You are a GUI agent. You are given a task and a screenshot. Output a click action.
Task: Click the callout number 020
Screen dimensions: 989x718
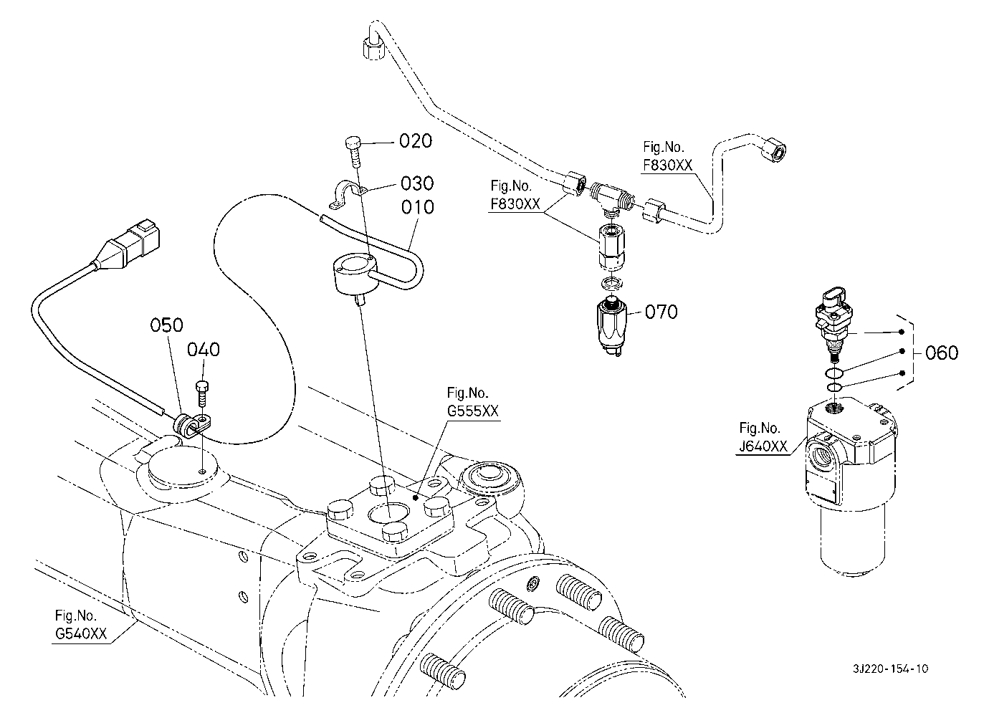click(416, 141)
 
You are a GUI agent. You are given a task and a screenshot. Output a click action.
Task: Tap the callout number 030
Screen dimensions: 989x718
click(417, 183)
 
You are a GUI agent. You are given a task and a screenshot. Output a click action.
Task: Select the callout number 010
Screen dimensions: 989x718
click(418, 207)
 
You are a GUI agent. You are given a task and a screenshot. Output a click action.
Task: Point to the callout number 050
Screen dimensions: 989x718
click(166, 325)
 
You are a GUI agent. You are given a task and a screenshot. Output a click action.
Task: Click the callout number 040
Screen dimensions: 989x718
click(204, 350)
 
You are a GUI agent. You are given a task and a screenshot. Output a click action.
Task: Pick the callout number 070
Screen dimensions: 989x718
click(661, 312)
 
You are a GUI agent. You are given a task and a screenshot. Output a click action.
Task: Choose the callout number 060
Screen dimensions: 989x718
click(942, 353)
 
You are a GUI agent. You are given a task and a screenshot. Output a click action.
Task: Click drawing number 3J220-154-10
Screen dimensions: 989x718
click(891, 669)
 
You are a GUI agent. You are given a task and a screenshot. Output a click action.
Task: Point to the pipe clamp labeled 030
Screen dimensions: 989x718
click(348, 194)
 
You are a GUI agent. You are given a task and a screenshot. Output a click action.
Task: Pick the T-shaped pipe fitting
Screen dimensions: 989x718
click(611, 199)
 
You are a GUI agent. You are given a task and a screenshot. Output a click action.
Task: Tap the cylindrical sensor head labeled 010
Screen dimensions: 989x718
click(356, 277)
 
